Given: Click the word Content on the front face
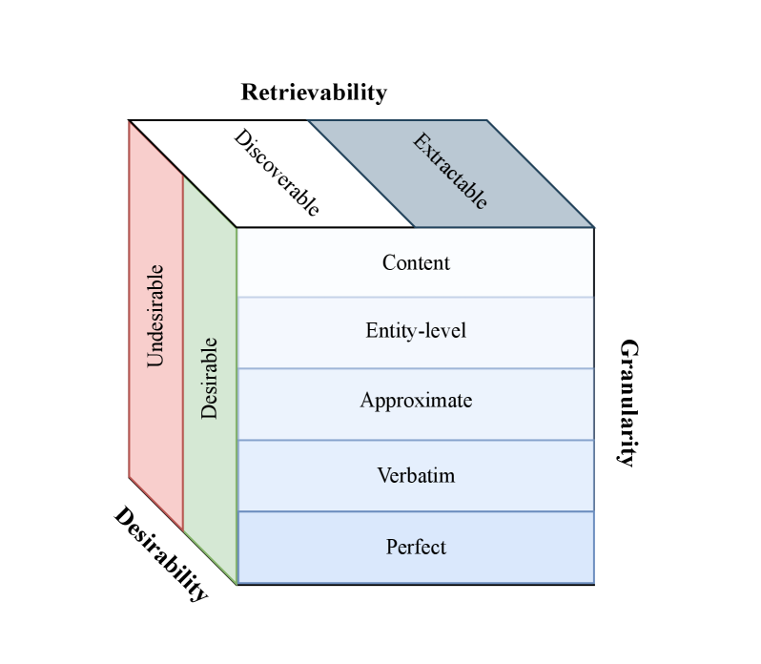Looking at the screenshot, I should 416,262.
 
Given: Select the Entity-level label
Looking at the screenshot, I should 416,331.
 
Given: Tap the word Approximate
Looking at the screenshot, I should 416,401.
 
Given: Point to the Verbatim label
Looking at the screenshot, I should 416,474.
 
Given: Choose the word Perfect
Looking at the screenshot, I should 416,548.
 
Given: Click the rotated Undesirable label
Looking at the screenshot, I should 155,316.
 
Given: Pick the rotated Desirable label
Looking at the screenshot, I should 210,378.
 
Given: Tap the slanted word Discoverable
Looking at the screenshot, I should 277,173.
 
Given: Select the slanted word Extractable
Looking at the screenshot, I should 450,171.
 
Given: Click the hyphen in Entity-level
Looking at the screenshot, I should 413,333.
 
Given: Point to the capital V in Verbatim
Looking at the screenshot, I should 383,474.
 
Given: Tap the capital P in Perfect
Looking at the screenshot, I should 392,548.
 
